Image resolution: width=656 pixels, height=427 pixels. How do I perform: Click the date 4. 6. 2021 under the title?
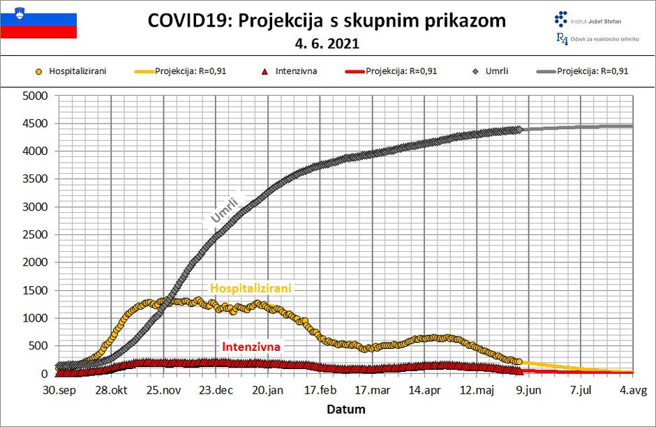327,43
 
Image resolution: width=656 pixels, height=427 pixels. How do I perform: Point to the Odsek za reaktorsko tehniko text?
604,39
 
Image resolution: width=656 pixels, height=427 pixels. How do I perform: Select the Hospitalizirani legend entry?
77,70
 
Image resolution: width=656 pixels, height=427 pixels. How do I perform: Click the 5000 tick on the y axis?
34,96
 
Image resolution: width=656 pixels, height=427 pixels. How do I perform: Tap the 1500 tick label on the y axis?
34,290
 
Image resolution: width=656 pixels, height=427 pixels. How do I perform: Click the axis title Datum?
347,409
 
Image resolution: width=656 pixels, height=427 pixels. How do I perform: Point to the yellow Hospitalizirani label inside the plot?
251,288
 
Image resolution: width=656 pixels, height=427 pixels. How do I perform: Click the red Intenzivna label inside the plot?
251,346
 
